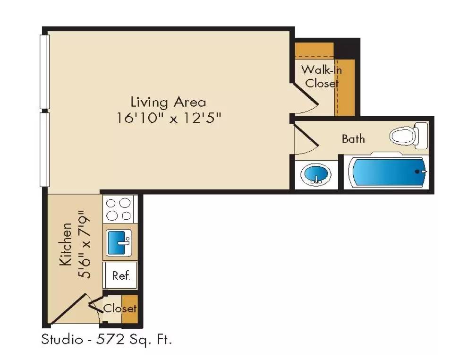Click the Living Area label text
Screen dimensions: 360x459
pos(168,102)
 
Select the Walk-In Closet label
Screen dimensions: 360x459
pos(322,77)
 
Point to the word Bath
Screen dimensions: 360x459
pos(353,139)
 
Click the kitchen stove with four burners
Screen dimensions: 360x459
pos(118,209)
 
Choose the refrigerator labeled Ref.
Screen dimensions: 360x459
pos(120,275)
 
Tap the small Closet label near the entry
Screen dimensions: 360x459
pos(120,309)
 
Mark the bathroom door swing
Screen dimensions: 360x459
pos(306,138)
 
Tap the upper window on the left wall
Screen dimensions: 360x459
pos(44,71)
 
